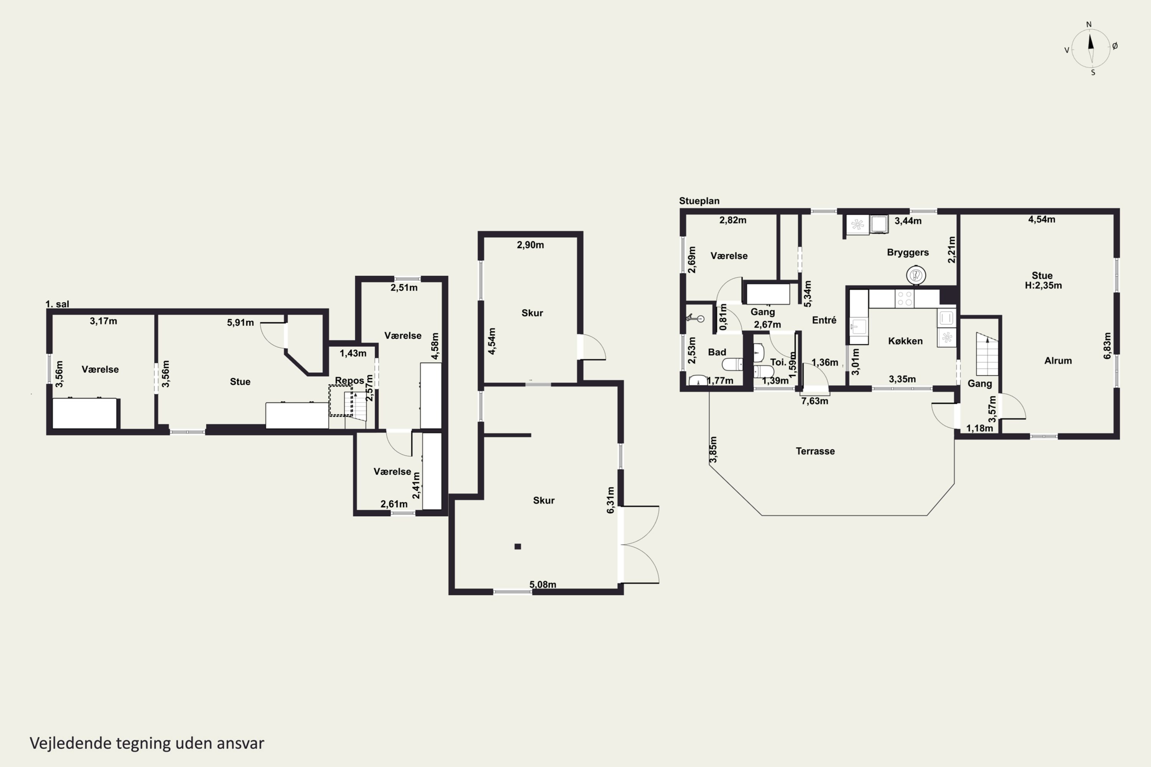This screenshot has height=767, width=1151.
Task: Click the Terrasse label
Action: point(815,451)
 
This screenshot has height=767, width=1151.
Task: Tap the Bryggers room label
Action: point(908,252)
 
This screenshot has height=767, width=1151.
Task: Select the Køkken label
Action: point(905,341)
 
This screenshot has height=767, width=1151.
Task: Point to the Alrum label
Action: point(1058,360)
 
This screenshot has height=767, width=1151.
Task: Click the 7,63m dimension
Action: point(814,401)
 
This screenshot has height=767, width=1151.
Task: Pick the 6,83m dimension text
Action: point(1107,346)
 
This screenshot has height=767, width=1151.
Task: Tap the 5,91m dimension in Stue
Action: point(240,323)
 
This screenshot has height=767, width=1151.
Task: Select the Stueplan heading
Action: point(699,201)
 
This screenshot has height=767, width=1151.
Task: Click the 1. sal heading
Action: point(57,304)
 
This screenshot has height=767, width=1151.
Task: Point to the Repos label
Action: point(350,380)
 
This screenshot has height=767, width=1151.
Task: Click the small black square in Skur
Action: point(518,546)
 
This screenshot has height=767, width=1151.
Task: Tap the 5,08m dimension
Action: point(543,584)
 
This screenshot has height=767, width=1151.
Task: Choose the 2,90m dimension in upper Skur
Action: point(531,245)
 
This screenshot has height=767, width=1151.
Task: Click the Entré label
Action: point(824,320)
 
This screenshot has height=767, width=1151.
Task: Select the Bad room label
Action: point(717,352)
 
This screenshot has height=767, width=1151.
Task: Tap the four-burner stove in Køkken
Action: point(904,298)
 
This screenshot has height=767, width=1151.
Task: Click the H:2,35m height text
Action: point(1043,285)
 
